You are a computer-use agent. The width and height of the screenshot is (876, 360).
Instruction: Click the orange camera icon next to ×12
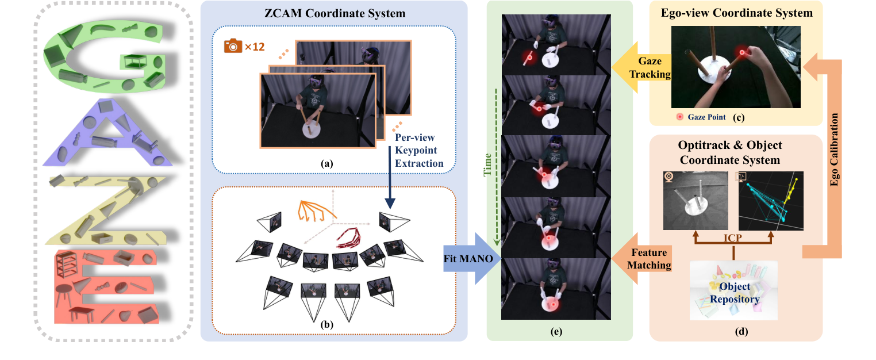(x=233, y=46)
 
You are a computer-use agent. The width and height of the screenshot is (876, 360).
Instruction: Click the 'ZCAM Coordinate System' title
(x=333, y=13)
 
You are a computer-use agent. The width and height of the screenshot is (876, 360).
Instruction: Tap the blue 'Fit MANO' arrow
(x=467, y=258)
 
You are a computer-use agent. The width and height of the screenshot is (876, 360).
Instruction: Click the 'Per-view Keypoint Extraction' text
(x=418, y=151)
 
